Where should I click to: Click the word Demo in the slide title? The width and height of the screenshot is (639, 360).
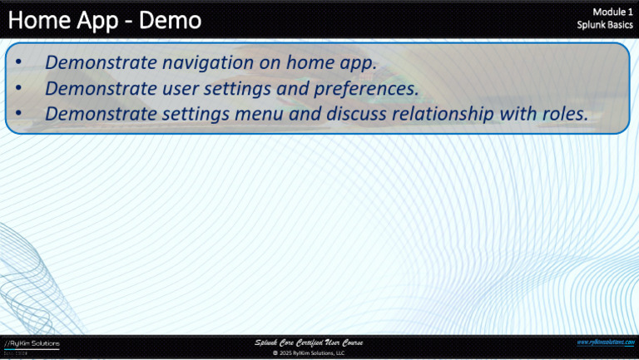(170, 20)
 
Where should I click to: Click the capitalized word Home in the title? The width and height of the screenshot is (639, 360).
(37, 20)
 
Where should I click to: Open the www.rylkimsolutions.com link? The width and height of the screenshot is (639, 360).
(605, 342)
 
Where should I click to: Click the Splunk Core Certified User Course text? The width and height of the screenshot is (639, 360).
(309, 343)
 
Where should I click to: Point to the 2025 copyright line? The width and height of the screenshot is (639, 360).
(309, 353)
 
